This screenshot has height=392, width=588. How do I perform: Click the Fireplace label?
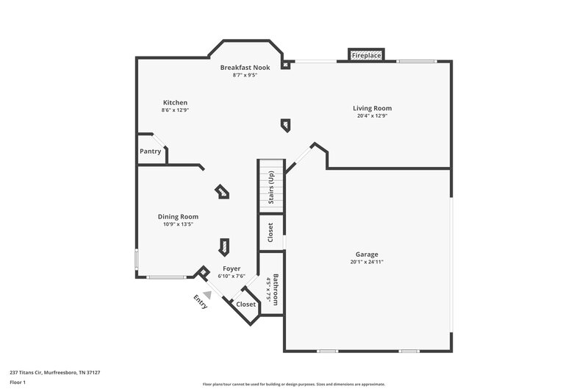point(365,56)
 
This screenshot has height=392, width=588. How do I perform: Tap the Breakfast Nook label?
point(245,67)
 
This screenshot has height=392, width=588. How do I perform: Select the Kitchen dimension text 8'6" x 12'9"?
point(176,110)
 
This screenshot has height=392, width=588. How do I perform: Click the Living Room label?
point(372,108)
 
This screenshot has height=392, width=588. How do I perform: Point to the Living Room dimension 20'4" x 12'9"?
point(372,115)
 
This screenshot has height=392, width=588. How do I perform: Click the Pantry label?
point(151,152)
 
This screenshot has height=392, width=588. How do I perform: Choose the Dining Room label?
point(178,216)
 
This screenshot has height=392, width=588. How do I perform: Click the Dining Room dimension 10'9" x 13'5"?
point(178,224)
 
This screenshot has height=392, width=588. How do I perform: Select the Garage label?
point(367,253)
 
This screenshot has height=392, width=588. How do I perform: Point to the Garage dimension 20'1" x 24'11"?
point(367,261)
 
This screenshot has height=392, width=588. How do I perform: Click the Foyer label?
point(232,268)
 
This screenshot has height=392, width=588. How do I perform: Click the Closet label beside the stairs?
point(270,232)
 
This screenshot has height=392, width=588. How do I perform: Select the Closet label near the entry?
point(246,304)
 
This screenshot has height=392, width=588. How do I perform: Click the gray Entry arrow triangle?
point(208,294)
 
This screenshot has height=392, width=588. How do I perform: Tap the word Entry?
point(201,302)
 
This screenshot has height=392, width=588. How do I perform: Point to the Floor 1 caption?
point(18,383)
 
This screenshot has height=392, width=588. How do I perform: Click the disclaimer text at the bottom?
point(294,384)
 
